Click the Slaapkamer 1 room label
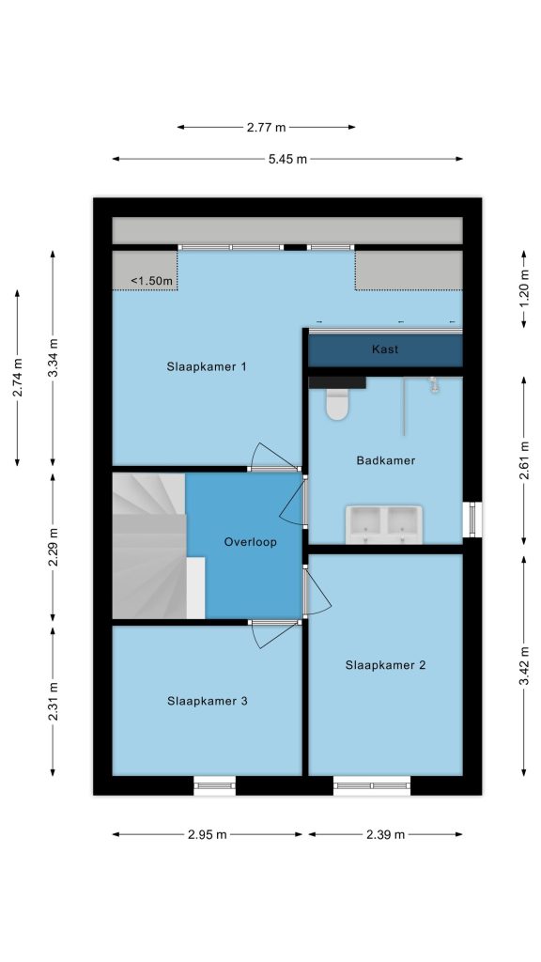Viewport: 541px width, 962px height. click(x=207, y=367)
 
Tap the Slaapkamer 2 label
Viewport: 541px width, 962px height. click(x=385, y=665)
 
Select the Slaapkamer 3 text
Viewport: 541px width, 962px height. click(x=208, y=701)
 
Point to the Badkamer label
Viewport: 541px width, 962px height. click(x=386, y=460)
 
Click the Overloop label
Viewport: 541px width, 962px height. click(x=250, y=542)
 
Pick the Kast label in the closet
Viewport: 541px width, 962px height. click(x=385, y=349)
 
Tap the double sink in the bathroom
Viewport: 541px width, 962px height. click(x=384, y=524)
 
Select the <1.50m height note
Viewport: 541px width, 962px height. click(x=151, y=281)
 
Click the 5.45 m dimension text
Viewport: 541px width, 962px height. click(x=287, y=159)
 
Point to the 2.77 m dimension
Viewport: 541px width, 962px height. click(x=266, y=128)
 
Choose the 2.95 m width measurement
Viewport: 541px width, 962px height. click(x=207, y=834)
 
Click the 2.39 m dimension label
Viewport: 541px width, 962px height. click(x=385, y=834)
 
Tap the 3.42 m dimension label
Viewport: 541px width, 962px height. click(x=524, y=666)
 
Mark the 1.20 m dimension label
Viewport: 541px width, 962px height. click(x=524, y=289)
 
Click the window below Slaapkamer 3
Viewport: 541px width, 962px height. click(x=215, y=786)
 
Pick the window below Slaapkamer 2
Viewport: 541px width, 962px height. click(x=372, y=786)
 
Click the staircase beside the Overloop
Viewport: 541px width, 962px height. click(x=149, y=546)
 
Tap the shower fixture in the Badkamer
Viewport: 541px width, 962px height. click(x=435, y=384)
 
